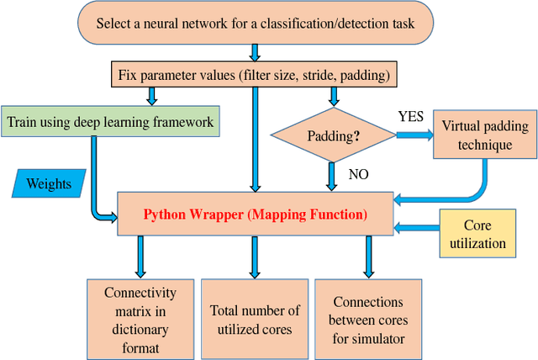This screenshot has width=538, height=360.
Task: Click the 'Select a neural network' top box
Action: (254, 23)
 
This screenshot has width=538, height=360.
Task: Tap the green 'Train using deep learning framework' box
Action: (110, 122)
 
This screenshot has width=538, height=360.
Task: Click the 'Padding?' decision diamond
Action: (333, 135)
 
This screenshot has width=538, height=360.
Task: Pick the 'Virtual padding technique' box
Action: (484, 135)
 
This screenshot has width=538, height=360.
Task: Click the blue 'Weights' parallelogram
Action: (51, 183)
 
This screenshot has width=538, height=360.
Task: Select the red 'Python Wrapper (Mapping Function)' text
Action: (255, 214)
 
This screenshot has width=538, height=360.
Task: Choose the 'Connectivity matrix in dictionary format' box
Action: (140, 317)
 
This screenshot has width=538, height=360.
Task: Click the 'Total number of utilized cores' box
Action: (253, 319)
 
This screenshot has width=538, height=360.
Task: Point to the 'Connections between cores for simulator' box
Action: (367, 319)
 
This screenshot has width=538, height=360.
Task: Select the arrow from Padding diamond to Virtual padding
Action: (413, 135)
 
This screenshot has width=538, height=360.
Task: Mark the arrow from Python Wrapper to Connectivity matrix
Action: (140, 257)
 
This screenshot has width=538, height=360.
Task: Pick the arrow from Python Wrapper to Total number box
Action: (254, 257)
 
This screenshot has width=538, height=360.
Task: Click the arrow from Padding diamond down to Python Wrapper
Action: (333, 177)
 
